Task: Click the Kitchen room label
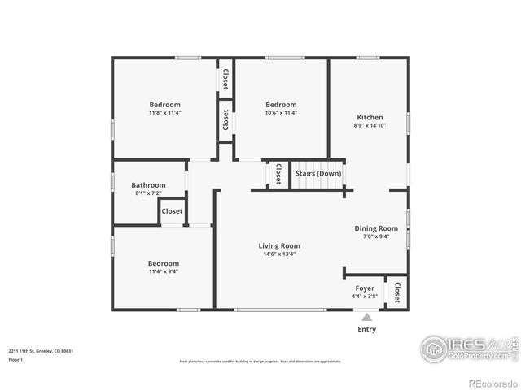(370, 117)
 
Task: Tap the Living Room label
(279, 245)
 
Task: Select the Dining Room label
(376, 228)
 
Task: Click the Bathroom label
(148, 185)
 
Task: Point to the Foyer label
(365, 288)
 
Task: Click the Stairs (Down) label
(318, 173)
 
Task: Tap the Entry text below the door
(367, 329)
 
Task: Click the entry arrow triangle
(367, 317)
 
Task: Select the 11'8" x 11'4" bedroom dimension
(164, 113)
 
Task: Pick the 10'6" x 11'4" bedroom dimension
(281, 113)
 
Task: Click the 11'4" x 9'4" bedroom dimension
(163, 271)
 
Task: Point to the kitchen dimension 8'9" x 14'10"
(370, 125)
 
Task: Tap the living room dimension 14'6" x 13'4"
(279, 253)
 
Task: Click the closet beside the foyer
(397, 292)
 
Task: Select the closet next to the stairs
(278, 174)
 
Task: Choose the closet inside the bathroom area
(172, 211)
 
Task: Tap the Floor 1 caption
(16, 359)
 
